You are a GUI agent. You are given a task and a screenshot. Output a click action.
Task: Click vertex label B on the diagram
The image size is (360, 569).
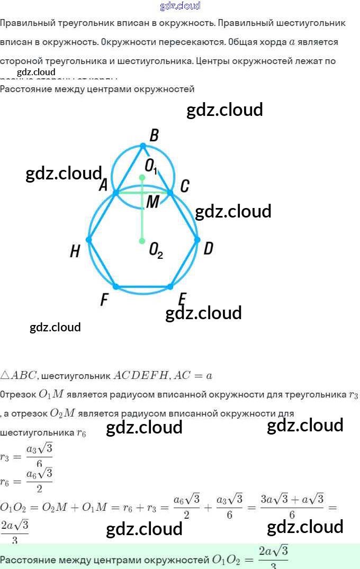point(154,136)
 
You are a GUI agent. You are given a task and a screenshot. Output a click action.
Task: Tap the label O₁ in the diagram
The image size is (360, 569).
point(151,166)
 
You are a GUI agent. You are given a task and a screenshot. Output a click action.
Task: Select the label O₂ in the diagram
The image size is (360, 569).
point(156,250)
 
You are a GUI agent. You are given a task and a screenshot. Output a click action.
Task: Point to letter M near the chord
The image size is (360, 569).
point(152,202)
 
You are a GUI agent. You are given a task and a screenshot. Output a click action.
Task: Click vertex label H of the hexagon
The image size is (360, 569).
point(75,251)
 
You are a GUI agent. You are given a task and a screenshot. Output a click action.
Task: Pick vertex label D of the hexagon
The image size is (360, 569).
point(209,248)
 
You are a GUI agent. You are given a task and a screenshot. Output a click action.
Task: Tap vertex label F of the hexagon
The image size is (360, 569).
point(104,301)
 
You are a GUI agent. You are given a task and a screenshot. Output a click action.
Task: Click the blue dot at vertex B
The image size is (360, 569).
point(142,146)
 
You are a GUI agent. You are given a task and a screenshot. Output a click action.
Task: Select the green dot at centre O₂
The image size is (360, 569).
point(142,241)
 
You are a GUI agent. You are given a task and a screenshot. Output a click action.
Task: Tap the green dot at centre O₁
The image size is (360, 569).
point(142,177)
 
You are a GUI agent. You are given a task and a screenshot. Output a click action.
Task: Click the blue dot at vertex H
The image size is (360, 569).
point(89,240)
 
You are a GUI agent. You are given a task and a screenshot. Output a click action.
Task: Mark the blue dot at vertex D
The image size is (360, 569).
point(197,240)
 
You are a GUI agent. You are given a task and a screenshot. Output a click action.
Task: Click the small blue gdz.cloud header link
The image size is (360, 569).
point(180,6)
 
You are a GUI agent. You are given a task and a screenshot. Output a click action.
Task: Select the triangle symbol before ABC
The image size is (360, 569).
point(5,376)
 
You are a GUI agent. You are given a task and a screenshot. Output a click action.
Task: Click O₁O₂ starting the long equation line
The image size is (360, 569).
point(13,507)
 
